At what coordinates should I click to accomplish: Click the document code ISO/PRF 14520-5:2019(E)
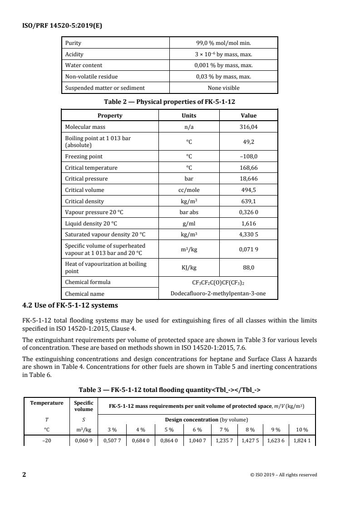[63, 25]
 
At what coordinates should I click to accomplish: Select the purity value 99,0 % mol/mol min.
[223, 43]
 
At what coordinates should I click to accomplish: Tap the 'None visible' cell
[223, 88]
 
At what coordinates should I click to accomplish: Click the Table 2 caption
[169, 102]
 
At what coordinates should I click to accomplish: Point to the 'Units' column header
[189, 116]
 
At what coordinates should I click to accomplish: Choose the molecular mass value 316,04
[248, 127]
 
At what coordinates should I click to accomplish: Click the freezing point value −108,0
[248, 157]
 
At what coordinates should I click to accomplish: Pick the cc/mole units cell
[189, 190]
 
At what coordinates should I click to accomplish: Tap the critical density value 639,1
[248, 201]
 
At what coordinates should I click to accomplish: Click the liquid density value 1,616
[248, 224]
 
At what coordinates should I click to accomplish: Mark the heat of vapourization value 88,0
[248, 268]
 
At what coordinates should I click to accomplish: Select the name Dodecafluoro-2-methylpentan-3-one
[218, 294]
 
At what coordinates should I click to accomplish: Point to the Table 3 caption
[169, 388]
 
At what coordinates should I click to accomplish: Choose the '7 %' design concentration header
[225, 430]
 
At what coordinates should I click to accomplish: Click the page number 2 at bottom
[24, 475]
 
